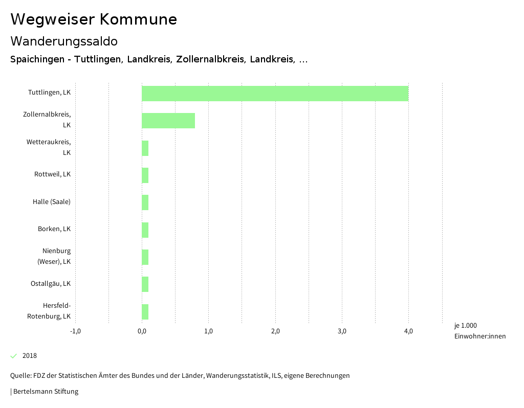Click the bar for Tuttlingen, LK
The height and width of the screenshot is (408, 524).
pyautogui.click(x=275, y=94)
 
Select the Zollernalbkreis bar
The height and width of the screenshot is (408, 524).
pyautogui.click(x=168, y=121)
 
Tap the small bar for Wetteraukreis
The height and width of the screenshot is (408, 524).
pyautogui.click(x=145, y=148)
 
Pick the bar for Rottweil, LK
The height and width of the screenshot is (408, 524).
pyautogui.click(x=145, y=175)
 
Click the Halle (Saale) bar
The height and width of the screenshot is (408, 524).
pyautogui.click(x=145, y=202)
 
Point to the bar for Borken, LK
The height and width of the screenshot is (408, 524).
pyautogui.click(x=145, y=230)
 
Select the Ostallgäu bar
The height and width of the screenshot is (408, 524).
pyautogui.click(x=145, y=284)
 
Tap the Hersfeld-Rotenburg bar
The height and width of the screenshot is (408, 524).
pyautogui.click(x=145, y=312)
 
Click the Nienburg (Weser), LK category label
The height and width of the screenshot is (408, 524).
pyautogui.click(x=54, y=256)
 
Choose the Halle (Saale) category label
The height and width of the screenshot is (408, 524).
pyautogui.click(x=52, y=201)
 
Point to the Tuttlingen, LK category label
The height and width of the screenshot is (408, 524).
pyautogui.click(x=49, y=93)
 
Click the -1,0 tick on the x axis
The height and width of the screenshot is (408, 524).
pyautogui.click(x=75, y=331)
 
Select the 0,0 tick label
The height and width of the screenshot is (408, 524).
pyautogui.click(x=142, y=331)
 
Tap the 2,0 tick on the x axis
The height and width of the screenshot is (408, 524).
pyautogui.click(x=275, y=331)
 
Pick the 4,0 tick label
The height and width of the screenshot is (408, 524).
pyautogui.click(x=408, y=331)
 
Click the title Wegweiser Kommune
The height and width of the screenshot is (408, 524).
pyautogui.click(x=94, y=19)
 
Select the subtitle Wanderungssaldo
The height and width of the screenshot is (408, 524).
pyautogui.click(x=64, y=41)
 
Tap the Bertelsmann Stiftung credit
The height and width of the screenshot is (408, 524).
pyautogui.click(x=45, y=392)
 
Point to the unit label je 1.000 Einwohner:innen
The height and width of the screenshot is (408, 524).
pyautogui.click(x=479, y=331)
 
